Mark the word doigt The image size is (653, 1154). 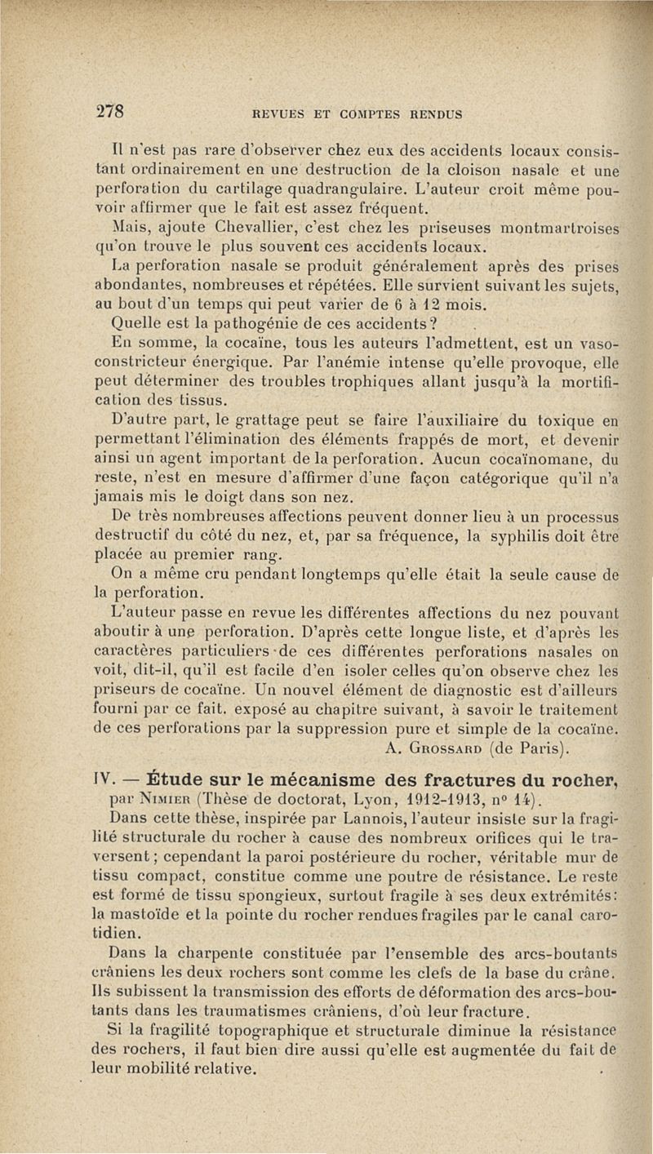click(x=260, y=496)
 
